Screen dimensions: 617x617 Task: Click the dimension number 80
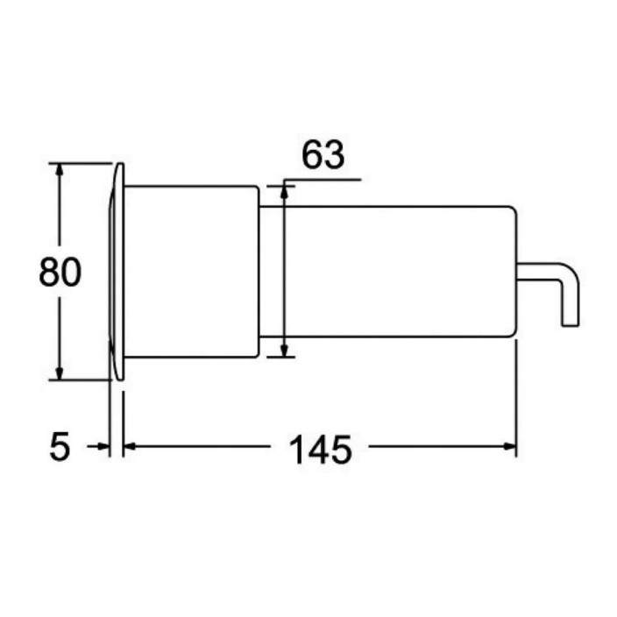click(x=60, y=272)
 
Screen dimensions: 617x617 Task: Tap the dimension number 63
click(x=323, y=155)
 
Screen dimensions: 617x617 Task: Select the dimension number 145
click(x=320, y=450)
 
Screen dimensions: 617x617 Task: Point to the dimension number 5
click(x=60, y=447)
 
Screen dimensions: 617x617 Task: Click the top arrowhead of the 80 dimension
click(x=59, y=169)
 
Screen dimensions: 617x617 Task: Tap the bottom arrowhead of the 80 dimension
click(x=59, y=373)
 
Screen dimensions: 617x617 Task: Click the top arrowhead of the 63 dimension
click(x=284, y=192)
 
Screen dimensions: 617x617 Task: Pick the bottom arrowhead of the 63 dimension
click(x=284, y=351)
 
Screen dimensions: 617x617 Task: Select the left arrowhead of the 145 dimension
click(x=130, y=446)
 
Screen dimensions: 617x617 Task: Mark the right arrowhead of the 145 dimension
click(x=509, y=446)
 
